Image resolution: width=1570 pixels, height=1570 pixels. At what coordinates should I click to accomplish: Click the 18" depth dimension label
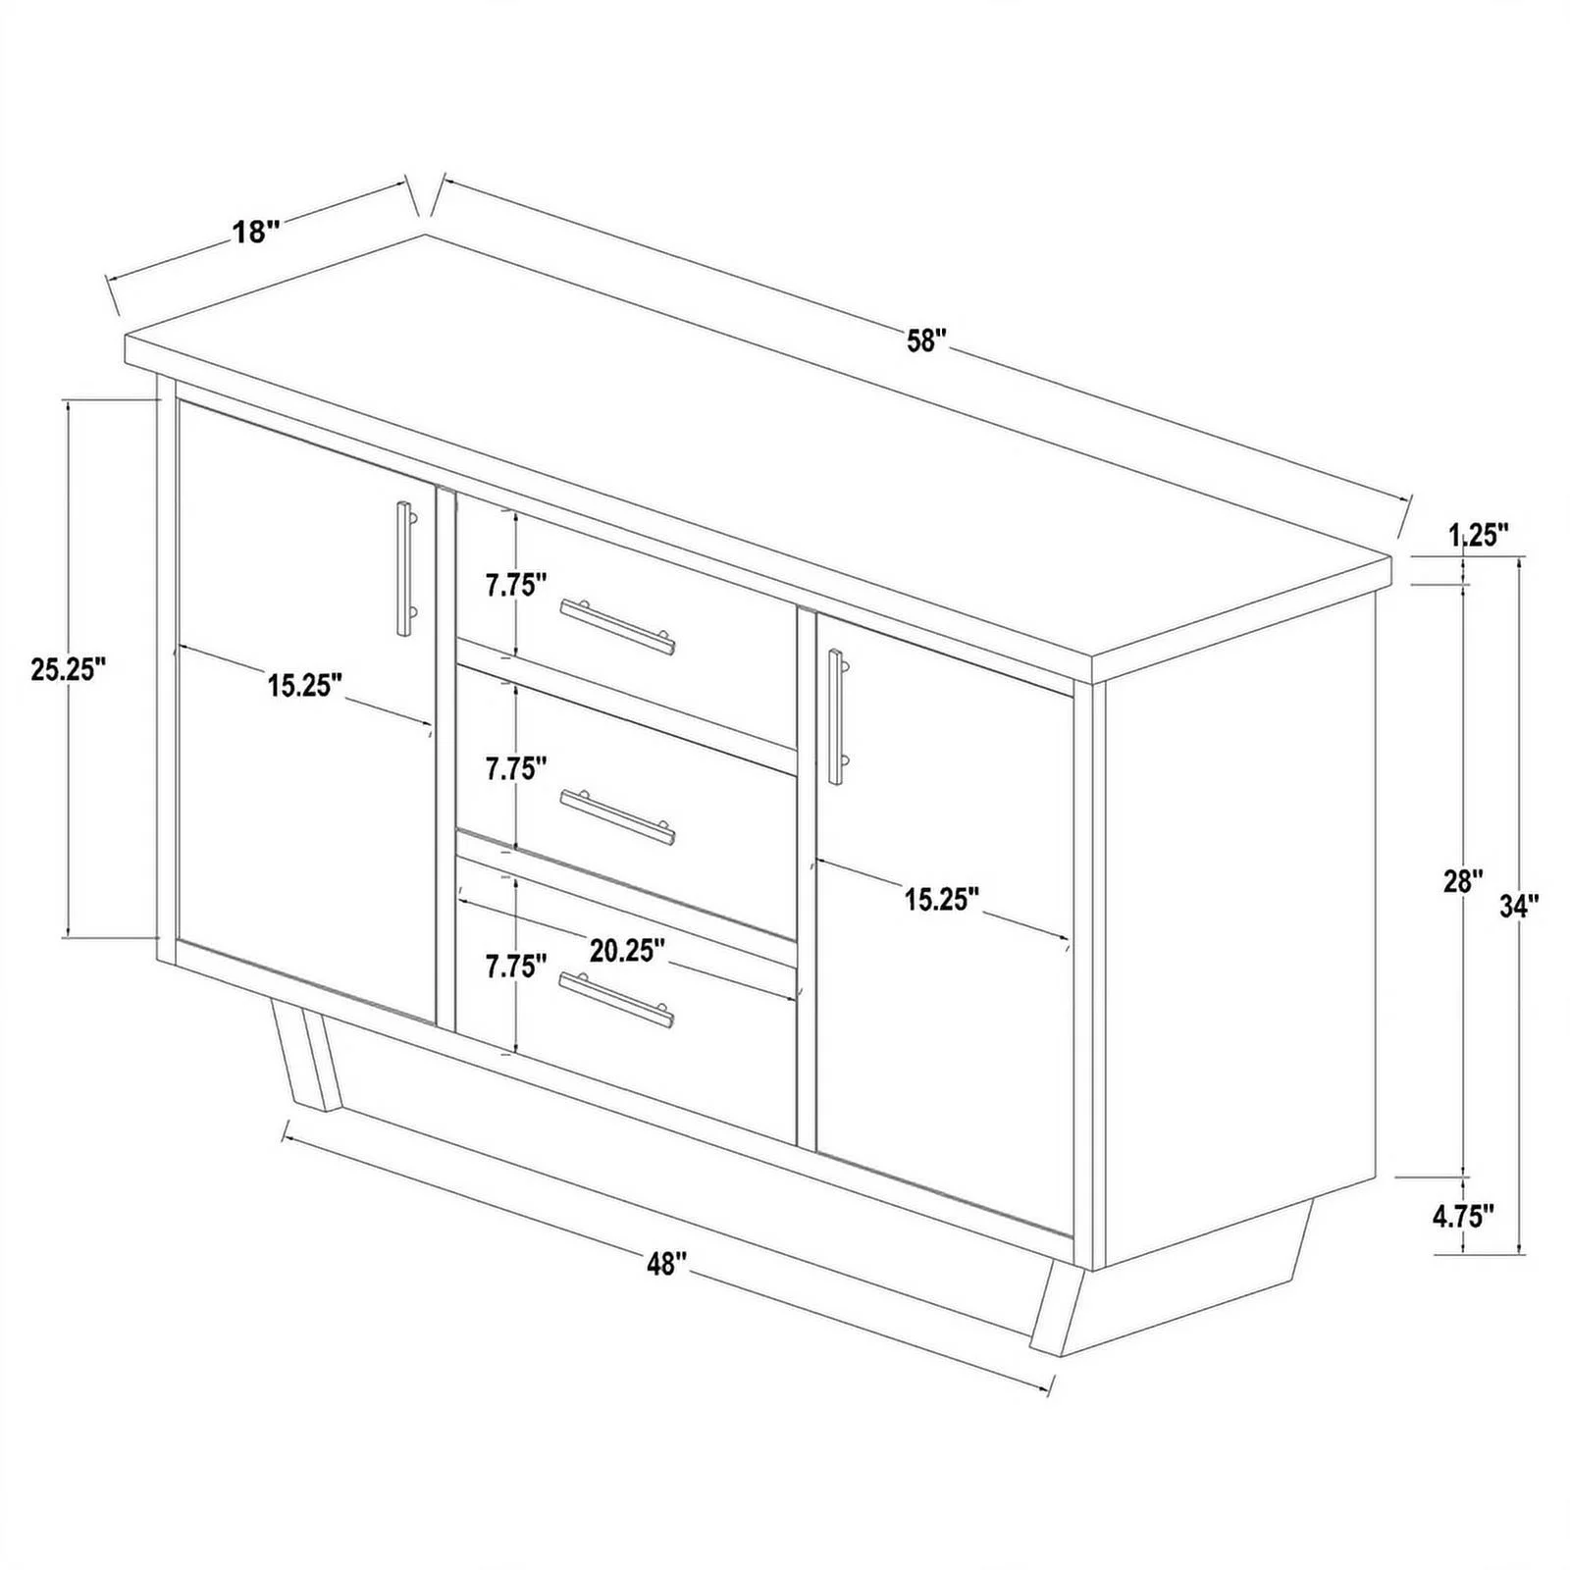point(256,233)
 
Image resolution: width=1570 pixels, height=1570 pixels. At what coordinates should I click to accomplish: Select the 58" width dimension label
point(926,340)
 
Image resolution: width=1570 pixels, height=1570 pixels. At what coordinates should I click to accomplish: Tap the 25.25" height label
point(68,669)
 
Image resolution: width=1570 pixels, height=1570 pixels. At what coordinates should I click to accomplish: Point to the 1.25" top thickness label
point(1478,535)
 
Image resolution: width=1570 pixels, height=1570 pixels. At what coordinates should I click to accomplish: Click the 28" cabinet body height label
point(1463,881)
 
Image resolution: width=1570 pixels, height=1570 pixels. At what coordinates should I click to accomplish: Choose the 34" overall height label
point(1519,906)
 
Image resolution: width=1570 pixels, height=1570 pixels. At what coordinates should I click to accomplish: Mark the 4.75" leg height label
point(1463,1217)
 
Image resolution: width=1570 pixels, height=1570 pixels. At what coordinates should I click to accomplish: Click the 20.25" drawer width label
point(628,950)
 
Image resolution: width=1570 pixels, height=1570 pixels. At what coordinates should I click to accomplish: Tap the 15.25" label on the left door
point(305,685)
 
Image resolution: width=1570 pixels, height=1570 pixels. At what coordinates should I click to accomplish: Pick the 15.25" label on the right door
point(942,899)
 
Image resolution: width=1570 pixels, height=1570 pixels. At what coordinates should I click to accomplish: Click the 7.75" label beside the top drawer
point(515,586)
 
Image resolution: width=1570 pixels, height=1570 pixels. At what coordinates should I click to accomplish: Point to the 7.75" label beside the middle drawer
point(515,769)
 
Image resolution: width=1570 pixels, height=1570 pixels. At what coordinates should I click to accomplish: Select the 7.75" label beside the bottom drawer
point(515,967)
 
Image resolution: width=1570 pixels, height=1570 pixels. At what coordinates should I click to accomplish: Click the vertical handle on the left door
point(404,568)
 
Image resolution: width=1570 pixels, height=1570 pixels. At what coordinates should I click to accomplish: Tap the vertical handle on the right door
point(836,716)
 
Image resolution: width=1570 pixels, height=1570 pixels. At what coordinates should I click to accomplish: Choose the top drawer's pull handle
point(617,626)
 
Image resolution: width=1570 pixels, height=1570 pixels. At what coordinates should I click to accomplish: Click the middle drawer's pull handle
point(617,815)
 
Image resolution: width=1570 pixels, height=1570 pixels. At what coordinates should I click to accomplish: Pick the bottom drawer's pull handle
point(617,1000)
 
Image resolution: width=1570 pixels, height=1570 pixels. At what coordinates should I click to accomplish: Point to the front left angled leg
point(306,1061)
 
